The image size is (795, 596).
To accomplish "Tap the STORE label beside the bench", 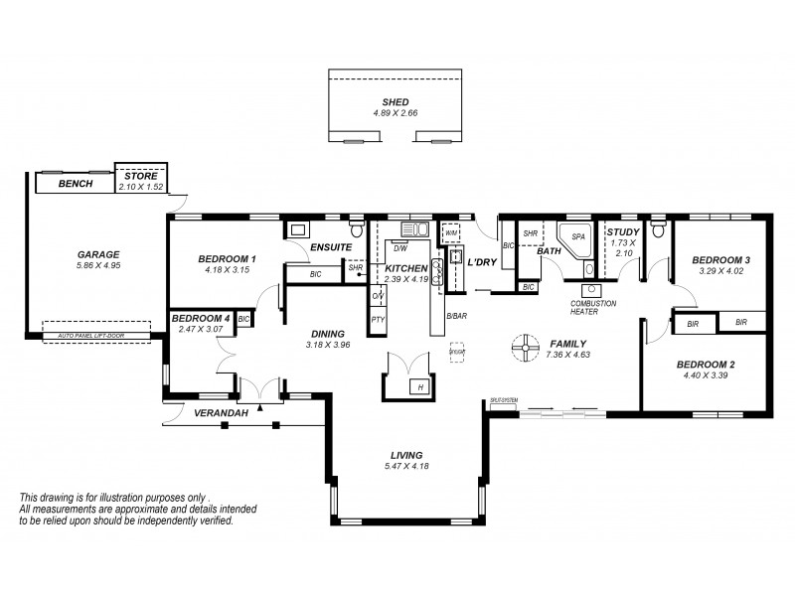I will (140, 176).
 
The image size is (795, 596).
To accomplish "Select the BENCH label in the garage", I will (76, 184).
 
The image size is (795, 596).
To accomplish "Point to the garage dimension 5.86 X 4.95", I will (97, 265).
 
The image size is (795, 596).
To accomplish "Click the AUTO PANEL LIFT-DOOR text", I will (96, 338).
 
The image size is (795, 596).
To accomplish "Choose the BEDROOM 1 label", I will (229, 259).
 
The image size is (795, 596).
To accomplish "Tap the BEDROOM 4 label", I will (203, 317).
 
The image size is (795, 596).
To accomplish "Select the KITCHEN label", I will (405, 268).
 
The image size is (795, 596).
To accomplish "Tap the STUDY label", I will (623, 232).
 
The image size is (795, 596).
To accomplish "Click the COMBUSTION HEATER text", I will (593, 307).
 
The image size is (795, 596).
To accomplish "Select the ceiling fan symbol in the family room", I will (523, 347).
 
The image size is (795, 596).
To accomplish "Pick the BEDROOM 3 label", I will (720, 259).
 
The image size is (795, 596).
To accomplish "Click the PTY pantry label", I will (378, 319).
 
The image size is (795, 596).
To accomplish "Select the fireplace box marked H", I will (420, 386).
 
